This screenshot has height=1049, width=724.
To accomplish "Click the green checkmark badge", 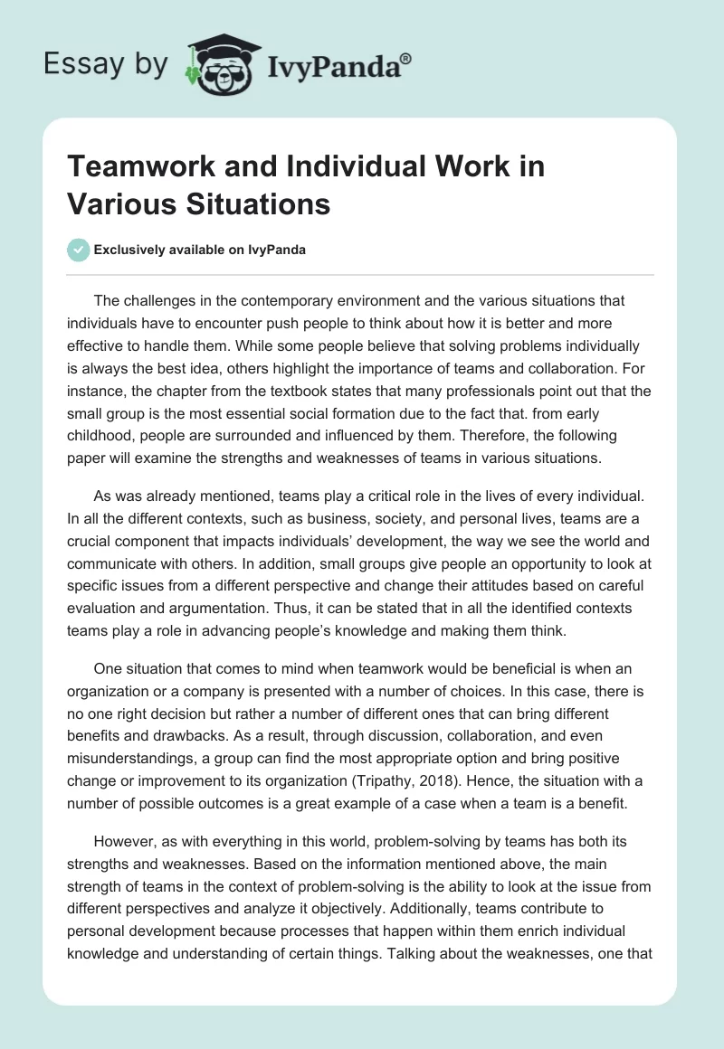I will pyautogui.click(x=79, y=250).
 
